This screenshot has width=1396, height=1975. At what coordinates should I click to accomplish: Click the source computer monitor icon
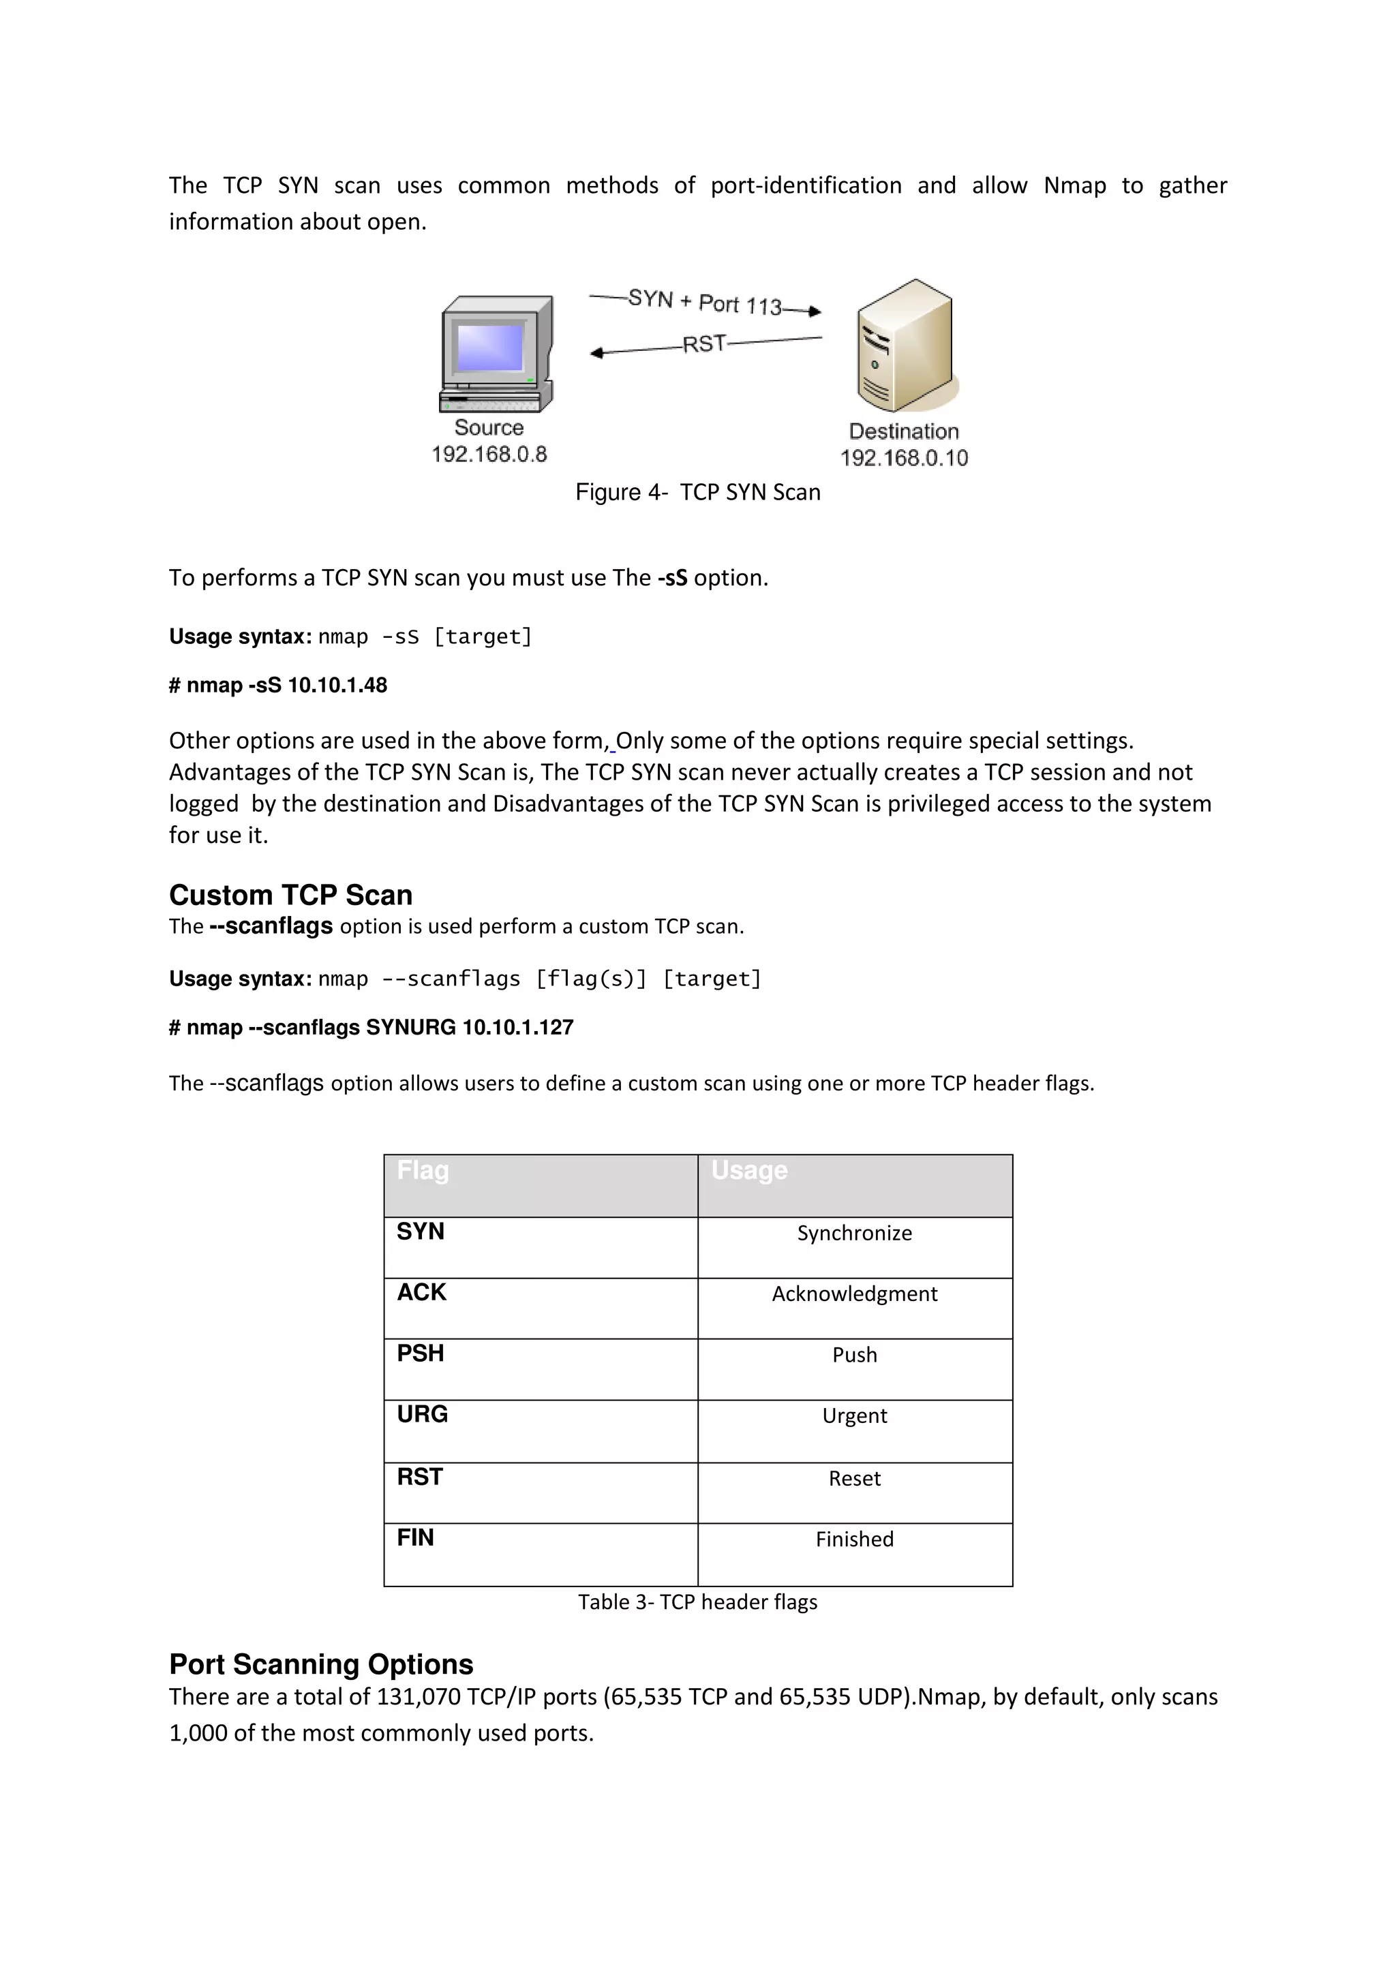496,354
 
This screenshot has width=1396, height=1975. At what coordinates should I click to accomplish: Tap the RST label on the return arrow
703,344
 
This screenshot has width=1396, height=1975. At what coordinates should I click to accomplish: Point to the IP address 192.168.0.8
489,454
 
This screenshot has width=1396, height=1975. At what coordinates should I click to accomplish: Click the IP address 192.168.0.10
903,457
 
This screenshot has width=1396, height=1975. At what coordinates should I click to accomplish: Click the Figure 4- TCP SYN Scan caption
697,492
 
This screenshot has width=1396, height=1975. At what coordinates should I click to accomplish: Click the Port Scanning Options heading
321,1664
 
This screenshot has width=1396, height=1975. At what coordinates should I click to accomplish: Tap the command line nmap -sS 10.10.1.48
278,686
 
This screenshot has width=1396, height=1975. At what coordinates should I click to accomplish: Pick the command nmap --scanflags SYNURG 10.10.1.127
371,1027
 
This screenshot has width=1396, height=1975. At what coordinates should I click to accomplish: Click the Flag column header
423,1171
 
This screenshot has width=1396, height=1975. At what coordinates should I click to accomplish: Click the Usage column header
748,1171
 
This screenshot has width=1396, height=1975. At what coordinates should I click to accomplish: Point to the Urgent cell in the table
853,1416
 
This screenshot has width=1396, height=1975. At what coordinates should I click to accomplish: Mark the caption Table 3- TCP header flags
697,1602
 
